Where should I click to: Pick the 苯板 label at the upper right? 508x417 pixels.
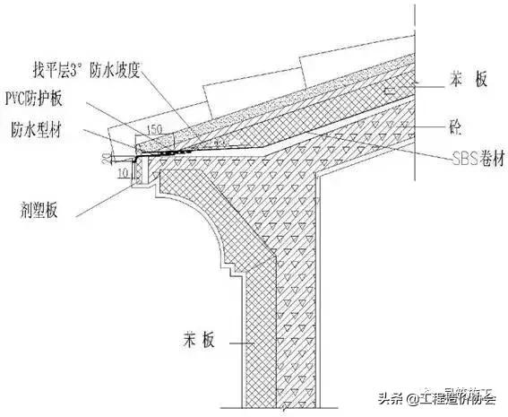[x=468, y=80]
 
